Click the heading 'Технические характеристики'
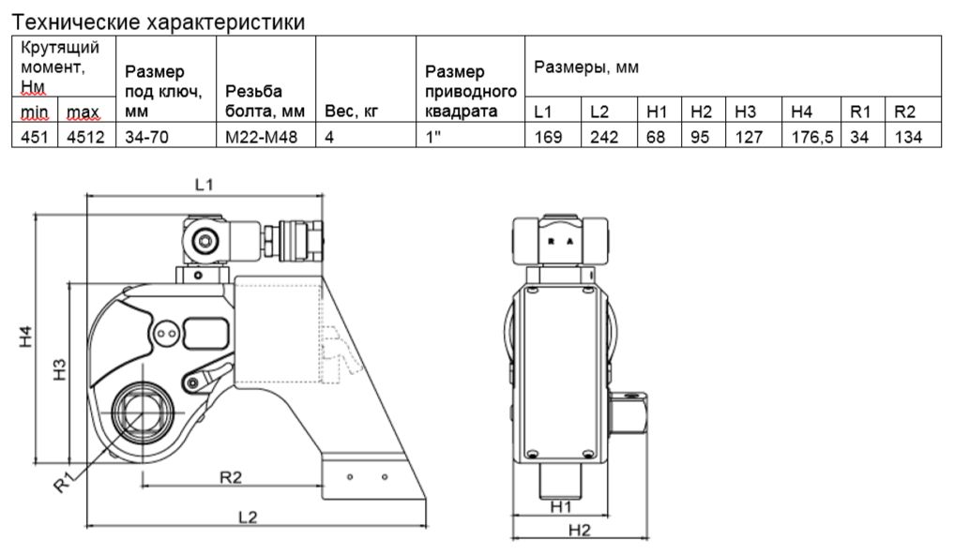(159, 21)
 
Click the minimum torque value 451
(34, 137)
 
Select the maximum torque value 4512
(83, 137)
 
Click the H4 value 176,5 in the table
(811, 137)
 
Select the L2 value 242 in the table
(601, 137)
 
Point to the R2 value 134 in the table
(907, 137)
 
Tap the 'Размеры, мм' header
(587, 67)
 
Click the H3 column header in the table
(745, 112)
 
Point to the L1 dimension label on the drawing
(204, 185)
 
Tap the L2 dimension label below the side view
(248, 517)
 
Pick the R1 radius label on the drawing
(64, 483)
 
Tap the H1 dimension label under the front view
(562, 507)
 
